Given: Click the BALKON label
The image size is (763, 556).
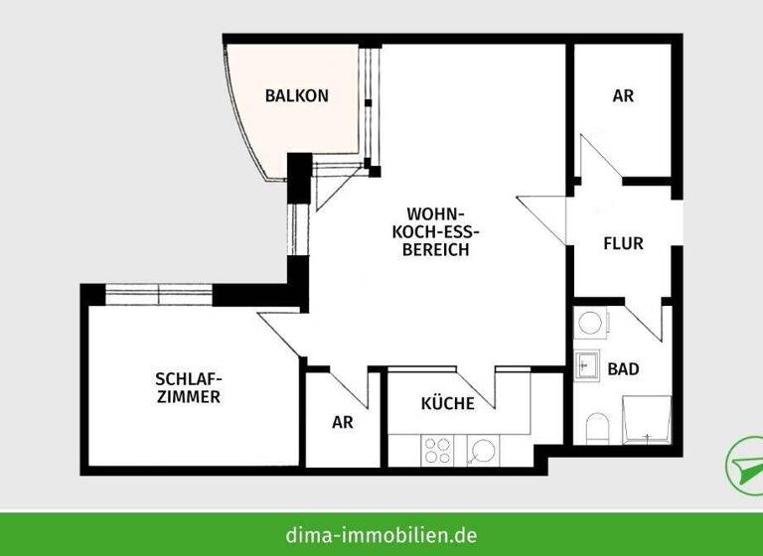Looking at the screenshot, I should click(x=296, y=96).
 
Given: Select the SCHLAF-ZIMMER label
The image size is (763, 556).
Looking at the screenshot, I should click(x=188, y=387).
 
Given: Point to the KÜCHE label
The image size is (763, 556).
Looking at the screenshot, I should click(x=447, y=404).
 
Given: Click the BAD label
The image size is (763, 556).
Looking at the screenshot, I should click(x=623, y=369).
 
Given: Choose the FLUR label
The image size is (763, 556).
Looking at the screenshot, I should click(x=623, y=243).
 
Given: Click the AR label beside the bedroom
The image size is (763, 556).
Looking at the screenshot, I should click(x=342, y=422).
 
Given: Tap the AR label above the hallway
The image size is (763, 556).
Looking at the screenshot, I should click(x=623, y=96).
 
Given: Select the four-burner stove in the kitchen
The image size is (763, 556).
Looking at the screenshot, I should click(x=438, y=451).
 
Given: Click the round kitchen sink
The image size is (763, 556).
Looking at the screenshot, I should click(x=483, y=450).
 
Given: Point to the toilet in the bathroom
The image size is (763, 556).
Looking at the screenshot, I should click(x=596, y=429).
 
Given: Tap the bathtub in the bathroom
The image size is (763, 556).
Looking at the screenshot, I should click(x=647, y=420).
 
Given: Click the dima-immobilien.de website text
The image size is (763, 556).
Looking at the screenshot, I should click(x=382, y=534).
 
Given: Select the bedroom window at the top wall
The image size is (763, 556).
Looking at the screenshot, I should click(x=159, y=294).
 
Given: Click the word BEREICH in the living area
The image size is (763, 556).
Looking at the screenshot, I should click(x=437, y=250).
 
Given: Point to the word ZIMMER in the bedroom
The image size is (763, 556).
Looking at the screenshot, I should click(x=188, y=397).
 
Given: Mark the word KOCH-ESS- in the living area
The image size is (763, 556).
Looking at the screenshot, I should click(x=437, y=232).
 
